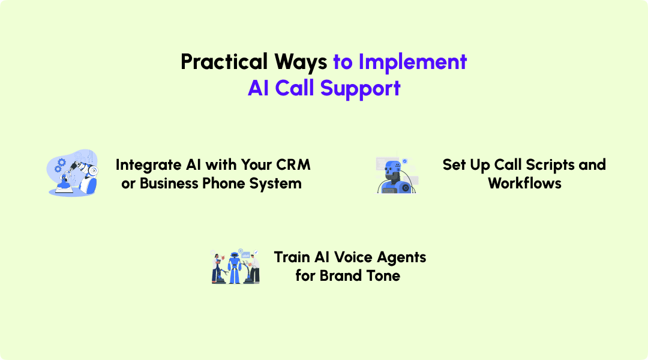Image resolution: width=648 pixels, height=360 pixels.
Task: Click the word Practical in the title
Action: tap(224, 62)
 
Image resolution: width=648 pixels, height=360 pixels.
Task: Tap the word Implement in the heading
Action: tap(413, 62)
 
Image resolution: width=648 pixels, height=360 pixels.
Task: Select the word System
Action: tap(279, 184)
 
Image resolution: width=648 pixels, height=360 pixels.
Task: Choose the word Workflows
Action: tap(524, 184)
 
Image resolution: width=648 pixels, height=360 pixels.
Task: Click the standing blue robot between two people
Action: tap(235, 268)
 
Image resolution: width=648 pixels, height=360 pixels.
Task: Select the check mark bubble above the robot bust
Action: tap(404, 161)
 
